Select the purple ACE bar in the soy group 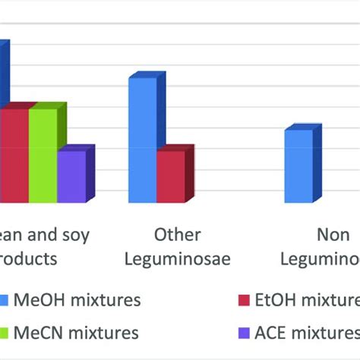(x=71, y=176)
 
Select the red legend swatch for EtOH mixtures (x=244, y=300)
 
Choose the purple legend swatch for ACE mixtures (x=244, y=333)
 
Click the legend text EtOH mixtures (x=311, y=300)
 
